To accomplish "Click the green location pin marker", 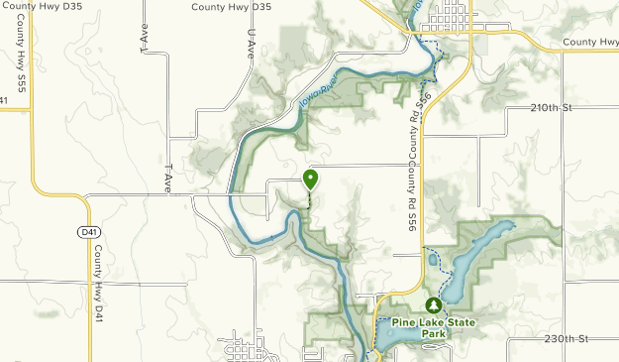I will pyautogui.click(x=310, y=180).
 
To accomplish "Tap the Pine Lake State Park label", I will pyautogui.click(x=433, y=327).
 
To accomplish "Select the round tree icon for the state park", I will pyautogui.click(x=433, y=305).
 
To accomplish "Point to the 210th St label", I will pyautogui.click(x=553, y=107).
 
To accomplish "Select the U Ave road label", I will pyautogui.click(x=249, y=41).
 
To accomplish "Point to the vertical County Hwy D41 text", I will pyautogui.click(x=98, y=287).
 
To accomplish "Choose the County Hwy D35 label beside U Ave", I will pyautogui.click(x=231, y=7).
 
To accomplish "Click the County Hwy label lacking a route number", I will pyautogui.click(x=590, y=42).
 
